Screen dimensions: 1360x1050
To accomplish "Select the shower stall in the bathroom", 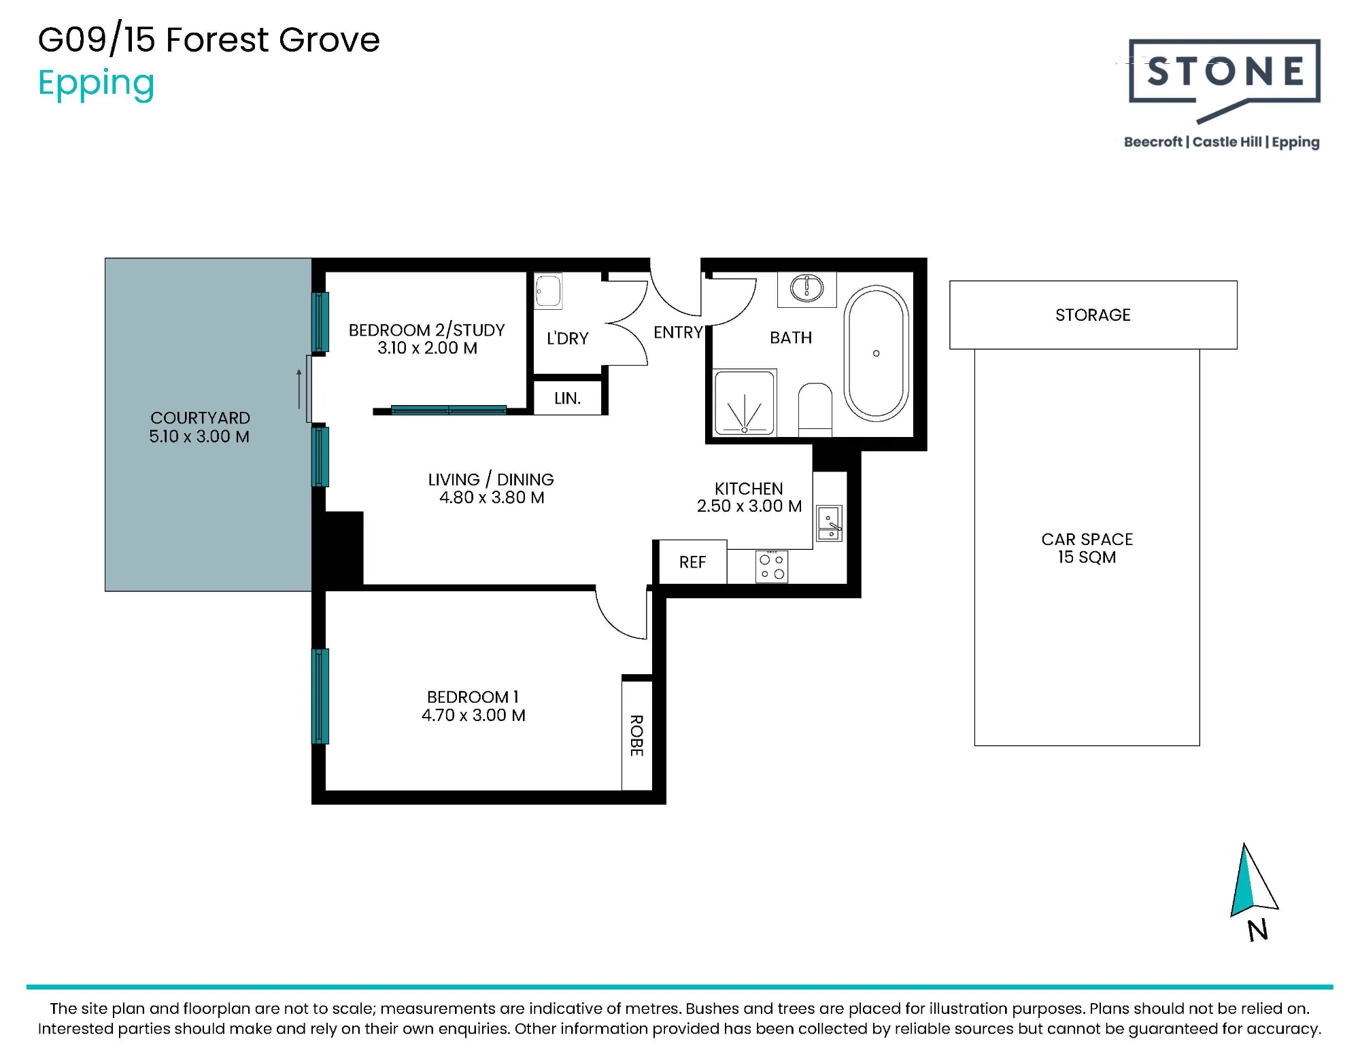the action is [745, 402].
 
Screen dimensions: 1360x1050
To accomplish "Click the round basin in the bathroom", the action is [806, 288].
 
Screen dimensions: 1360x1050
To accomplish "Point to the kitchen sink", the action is [829, 523].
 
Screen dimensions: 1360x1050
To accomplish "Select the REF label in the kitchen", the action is [692, 562].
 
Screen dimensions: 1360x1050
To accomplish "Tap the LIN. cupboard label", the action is [567, 398].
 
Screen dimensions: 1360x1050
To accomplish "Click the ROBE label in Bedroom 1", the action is [636, 735].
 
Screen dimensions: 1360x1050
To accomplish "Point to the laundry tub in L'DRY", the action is [548, 291].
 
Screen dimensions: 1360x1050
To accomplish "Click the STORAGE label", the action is [1093, 315].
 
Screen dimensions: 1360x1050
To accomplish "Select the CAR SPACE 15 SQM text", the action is [1087, 548].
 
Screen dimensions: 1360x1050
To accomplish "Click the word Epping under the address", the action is [96, 84].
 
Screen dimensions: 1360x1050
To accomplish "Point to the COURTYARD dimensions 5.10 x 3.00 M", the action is [199, 436].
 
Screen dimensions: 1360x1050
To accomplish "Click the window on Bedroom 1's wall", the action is [320, 696].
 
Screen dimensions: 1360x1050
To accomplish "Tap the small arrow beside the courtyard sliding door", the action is [299, 389].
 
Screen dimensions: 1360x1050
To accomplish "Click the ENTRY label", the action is [677, 332].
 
